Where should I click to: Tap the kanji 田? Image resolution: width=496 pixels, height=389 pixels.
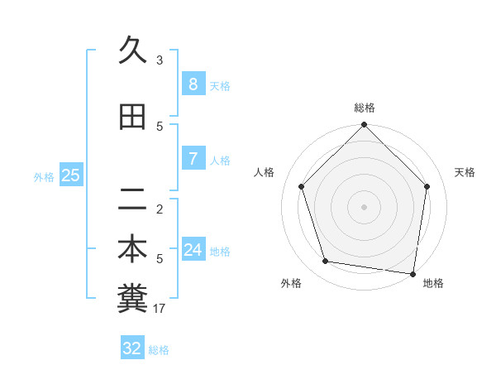click(132, 117)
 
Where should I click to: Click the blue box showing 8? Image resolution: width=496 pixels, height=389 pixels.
click(193, 84)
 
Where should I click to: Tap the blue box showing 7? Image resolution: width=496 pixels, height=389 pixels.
click(193, 159)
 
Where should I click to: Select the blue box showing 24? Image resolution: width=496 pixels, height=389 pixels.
click(193, 250)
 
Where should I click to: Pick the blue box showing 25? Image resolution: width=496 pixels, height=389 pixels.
click(70, 175)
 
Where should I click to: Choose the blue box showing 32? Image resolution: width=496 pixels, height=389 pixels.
click(132, 348)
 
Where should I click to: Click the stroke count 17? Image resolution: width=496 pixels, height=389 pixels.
click(160, 309)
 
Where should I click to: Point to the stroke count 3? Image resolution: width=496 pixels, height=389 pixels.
click(160, 60)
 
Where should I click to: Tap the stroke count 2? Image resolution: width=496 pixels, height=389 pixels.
click(160, 209)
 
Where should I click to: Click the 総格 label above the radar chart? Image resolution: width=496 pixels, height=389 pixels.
click(365, 108)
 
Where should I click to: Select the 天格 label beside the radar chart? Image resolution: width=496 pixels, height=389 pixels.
click(465, 172)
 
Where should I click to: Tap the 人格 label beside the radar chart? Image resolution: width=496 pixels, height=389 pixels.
click(265, 172)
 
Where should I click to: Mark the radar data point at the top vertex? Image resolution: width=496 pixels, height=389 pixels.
click(364, 125)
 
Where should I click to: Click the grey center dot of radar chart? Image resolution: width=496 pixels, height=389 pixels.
click(364, 206)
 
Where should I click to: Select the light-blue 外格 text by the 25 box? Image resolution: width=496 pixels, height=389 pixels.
click(44, 176)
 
